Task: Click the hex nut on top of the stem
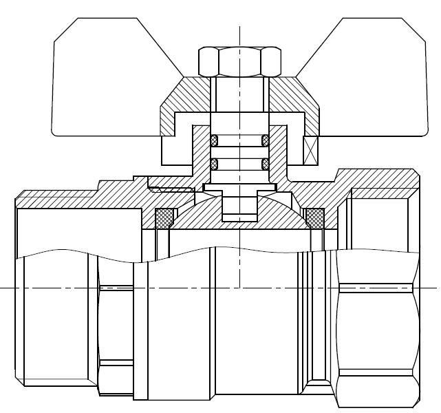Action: coord(239,61)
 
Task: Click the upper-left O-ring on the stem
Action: coord(214,140)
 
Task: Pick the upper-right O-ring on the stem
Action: coord(265,140)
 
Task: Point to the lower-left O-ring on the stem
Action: coord(214,164)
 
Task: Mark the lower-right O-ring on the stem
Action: coord(265,164)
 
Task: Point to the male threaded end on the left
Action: coord(55,324)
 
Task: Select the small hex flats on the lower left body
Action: coord(115,324)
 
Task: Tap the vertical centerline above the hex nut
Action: coord(239,34)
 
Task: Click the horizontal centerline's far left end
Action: coord(4,287)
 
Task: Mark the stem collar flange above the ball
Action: coord(239,187)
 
